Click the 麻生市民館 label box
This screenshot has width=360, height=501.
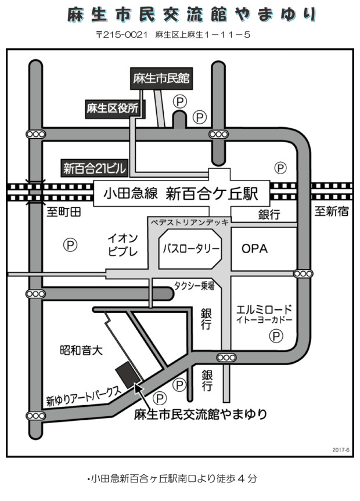[162, 78]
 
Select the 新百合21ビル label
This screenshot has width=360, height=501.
[94, 169]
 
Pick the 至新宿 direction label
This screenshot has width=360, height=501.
[332, 211]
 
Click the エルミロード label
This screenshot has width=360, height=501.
[265, 309]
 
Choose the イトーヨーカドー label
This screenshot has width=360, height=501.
[265, 320]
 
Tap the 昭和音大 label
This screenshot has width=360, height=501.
[81, 350]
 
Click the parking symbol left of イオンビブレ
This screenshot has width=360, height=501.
[70, 245]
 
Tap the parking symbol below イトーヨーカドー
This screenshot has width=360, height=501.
[277, 336]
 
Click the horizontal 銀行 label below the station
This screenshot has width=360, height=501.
[269, 214]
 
